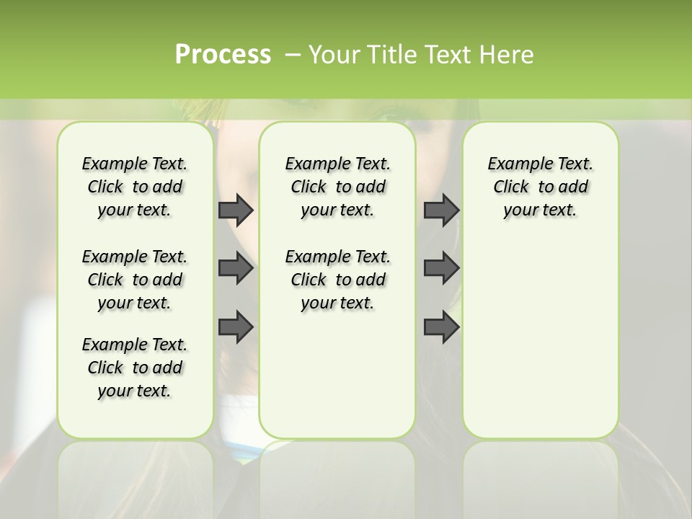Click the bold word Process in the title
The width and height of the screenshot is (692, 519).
click(x=223, y=55)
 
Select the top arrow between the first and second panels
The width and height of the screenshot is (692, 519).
click(x=236, y=210)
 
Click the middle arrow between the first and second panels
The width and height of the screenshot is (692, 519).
click(x=236, y=268)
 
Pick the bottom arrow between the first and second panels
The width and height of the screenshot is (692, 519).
click(x=236, y=327)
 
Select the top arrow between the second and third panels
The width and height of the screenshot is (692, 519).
click(x=441, y=210)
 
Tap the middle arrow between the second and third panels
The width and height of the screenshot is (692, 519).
click(x=441, y=268)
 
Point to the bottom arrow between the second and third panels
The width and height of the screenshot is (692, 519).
click(x=441, y=327)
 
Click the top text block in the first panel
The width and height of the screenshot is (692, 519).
click(x=135, y=187)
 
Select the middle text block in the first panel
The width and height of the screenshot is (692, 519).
click(x=135, y=280)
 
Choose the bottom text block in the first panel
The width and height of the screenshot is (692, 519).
click(x=135, y=368)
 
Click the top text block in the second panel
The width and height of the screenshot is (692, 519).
click(x=337, y=187)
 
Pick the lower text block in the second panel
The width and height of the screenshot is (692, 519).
click(x=337, y=280)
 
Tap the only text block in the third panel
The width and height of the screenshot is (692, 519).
click(x=540, y=187)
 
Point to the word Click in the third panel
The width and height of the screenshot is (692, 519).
click(x=511, y=187)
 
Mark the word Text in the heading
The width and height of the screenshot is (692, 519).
click(x=445, y=55)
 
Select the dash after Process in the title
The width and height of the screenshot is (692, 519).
click(x=293, y=55)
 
